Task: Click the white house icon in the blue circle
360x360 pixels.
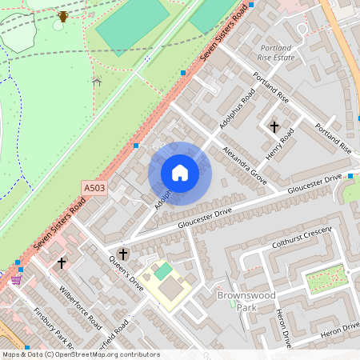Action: tap(180, 173)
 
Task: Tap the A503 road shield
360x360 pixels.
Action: tap(94, 188)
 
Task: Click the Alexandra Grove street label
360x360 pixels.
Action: tap(244, 165)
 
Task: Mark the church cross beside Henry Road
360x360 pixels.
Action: tap(274, 126)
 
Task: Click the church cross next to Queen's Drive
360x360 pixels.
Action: tap(122, 254)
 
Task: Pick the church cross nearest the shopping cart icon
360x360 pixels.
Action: tap(62, 262)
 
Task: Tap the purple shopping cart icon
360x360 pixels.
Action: tap(16, 280)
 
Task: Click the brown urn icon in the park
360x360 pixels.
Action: tap(63, 16)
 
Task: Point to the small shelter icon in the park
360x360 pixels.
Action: tap(98, 81)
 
